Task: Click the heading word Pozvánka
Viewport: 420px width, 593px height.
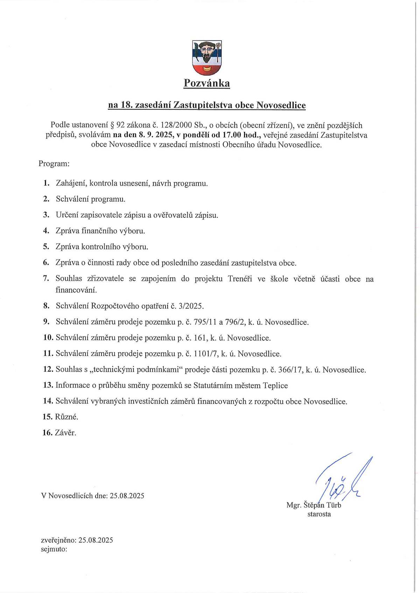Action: tap(207, 83)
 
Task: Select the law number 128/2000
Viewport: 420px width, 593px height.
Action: tap(174, 125)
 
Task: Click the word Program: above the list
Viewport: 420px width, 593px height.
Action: tap(54, 163)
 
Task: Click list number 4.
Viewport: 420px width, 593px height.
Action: tap(46, 231)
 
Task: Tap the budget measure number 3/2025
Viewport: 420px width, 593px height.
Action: tap(191, 306)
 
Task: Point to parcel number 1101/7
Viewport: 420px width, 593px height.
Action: tap(205, 354)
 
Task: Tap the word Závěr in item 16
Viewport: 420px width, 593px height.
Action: tap(65, 433)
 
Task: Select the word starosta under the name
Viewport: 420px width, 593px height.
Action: tap(319, 514)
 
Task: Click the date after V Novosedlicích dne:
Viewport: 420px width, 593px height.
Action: tap(127, 496)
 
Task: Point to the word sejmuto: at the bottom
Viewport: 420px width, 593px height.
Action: tap(54, 549)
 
